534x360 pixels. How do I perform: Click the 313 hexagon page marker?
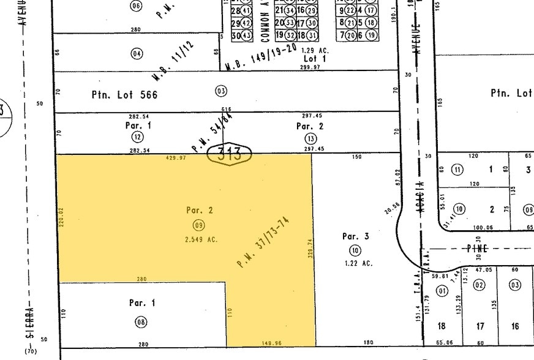[229, 153]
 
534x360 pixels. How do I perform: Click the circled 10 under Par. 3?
[355, 250]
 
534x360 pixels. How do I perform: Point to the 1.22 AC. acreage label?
[358, 263]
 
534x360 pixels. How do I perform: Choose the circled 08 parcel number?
[142, 322]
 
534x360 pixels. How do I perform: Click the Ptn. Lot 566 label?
[124, 95]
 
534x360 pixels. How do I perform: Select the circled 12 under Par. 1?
[138, 137]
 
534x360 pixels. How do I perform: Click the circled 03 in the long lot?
[221, 91]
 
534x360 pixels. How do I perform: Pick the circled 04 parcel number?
[137, 53]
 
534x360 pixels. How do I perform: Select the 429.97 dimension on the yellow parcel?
[176, 158]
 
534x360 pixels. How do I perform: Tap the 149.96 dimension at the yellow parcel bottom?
[271, 343]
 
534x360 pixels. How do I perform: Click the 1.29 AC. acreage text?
[316, 50]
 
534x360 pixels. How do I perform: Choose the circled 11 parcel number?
[457, 169]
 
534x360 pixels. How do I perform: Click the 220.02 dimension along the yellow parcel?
[61, 217]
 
